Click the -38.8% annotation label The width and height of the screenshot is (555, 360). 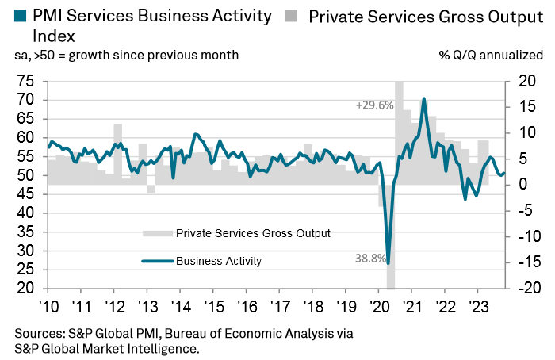369,258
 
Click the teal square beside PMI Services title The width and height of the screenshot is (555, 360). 20,15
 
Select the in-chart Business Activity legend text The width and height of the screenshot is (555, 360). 219,260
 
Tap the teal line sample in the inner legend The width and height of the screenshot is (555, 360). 157,260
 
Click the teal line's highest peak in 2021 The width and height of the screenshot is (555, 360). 424,99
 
